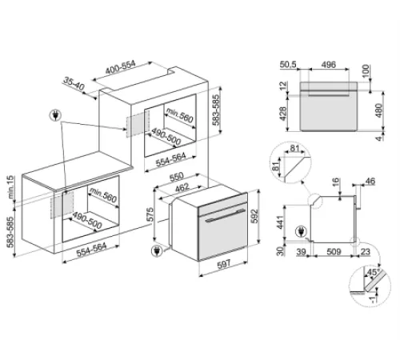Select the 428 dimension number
pos(282,115)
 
